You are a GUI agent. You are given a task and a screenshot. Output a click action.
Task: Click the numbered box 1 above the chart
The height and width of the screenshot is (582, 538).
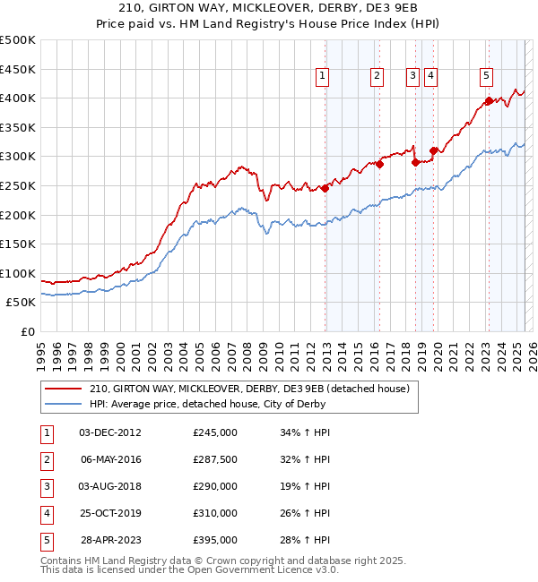pyautogui.click(x=322, y=77)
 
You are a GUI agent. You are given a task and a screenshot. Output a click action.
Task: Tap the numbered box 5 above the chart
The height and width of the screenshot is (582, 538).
pyautogui.click(x=485, y=77)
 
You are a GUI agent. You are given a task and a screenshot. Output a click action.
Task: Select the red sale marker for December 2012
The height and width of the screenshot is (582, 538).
pyautogui.click(x=325, y=188)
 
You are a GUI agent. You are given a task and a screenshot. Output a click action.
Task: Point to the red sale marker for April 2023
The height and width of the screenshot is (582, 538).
pyautogui.click(x=489, y=101)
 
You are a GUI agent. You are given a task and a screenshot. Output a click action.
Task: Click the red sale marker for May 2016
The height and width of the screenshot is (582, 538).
pyautogui.click(x=379, y=164)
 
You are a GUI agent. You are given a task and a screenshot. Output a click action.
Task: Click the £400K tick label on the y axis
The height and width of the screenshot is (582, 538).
pyautogui.click(x=18, y=98)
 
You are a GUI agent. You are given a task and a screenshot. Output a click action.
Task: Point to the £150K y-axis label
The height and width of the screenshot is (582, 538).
pyautogui.click(x=18, y=244)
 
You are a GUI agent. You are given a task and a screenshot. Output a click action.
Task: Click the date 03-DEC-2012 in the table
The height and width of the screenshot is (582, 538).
pyautogui.click(x=109, y=432)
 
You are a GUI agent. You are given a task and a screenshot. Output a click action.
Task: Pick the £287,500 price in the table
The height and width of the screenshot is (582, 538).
pyautogui.click(x=215, y=459)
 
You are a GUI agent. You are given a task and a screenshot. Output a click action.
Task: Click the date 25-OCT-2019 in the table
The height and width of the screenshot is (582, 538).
pyautogui.click(x=109, y=513)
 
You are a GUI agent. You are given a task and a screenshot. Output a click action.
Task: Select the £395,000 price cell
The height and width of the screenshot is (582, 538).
pyautogui.click(x=215, y=540)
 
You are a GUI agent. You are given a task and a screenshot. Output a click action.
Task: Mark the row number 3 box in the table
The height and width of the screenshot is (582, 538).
pyautogui.click(x=46, y=486)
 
